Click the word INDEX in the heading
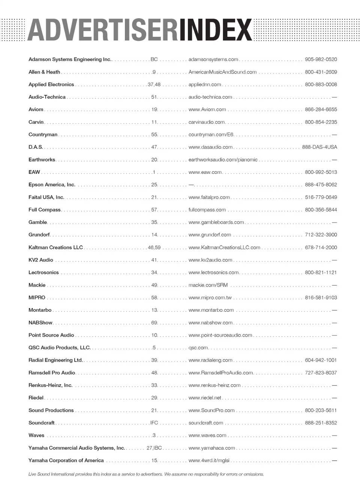tap(215, 30)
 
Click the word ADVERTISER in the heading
tap(102, 30)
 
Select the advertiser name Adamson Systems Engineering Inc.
tap(70, 59)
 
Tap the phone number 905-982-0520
tap(321, 59)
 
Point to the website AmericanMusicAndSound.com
tap(222, 72)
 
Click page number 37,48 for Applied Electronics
tap(154, 84)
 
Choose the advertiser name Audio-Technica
tap(47, 97)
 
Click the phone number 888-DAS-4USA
tap(319, 147)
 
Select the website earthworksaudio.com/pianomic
tap(223, 160)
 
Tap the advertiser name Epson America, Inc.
tap(52, 185)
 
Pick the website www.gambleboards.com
tap(216, 222)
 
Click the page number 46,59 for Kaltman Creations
tap(154, 247)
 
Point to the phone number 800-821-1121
tap(321, 272)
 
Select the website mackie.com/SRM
tap(208, 285)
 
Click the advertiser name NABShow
tap(40, 323)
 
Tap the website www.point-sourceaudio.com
tap(220, 335)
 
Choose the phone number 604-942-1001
tap(321, 360)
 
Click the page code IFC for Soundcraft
tap(154, 423)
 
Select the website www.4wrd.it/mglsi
tap(209, 460)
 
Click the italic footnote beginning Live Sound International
tap(146, 474)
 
